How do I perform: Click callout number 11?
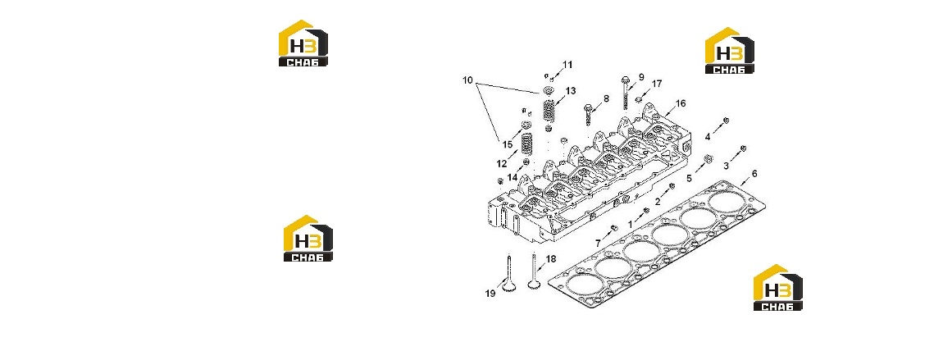pyautogui.click(x=567, y=64)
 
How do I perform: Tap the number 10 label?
pyautogui.click(x=467, y=80)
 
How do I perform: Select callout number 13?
pyautogui.click(x=570, y=90)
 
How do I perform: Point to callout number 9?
pyautogui.click(x=641, y=77)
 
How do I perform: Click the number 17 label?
pyautogui.click(x=657, y=84)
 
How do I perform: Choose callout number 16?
pyautogui.click(x=681, y=103)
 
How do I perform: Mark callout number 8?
pyautogui.click(x=606, y=98)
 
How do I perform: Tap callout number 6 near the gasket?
pyautogui.click(x=754, y=174)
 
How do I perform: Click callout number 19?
pyautogui.click(x=490, y=294)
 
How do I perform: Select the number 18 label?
pyautogui.click(x=550, y=258)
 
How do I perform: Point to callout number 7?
pyautogui.click(x=598, y=243)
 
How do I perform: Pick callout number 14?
pyautogui.click(x=512, y=176)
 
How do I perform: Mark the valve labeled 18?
pyautogui.click(x=121, y=271)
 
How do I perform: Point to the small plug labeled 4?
pyautogui.click(x=727, y=120)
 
